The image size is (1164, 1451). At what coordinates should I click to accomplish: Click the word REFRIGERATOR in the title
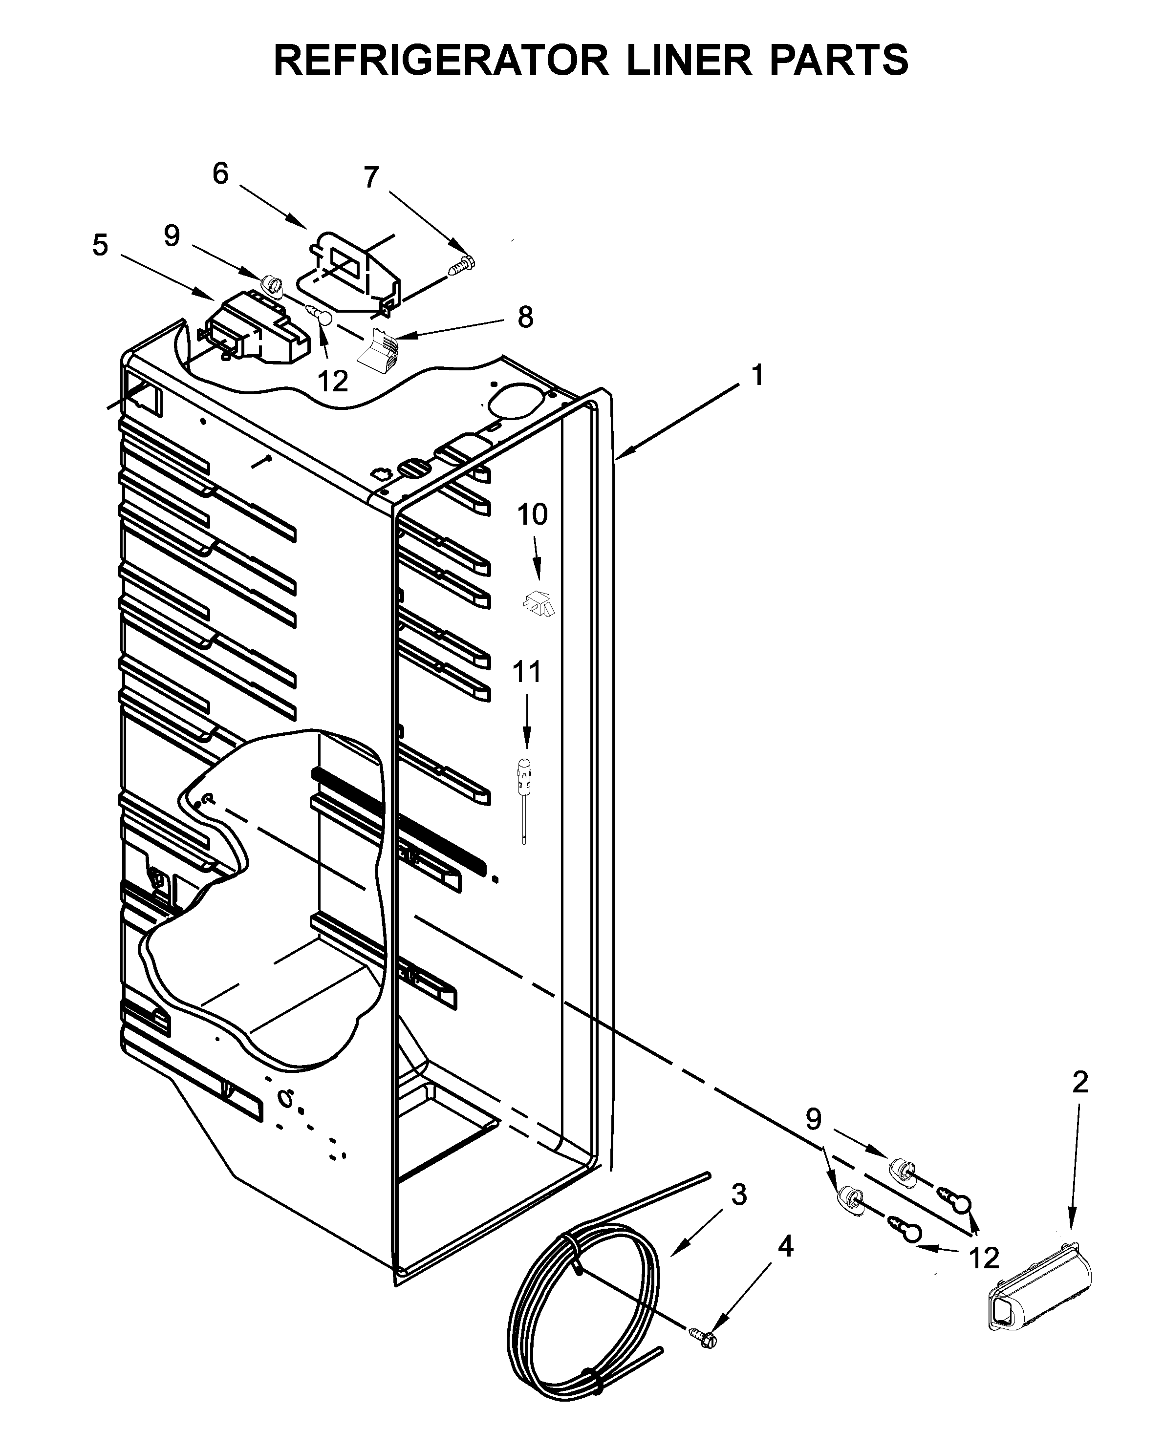pos(440,60)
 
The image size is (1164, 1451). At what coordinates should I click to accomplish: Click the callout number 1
pos(757,375)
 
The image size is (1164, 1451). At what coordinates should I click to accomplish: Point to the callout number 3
pos(738,1195)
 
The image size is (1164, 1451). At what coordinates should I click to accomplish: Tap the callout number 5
pos(100,245)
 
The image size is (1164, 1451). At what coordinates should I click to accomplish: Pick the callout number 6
pos(220,173)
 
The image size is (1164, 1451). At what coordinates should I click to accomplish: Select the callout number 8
pos(525,316)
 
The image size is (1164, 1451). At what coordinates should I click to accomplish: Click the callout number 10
pos(532,515)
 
